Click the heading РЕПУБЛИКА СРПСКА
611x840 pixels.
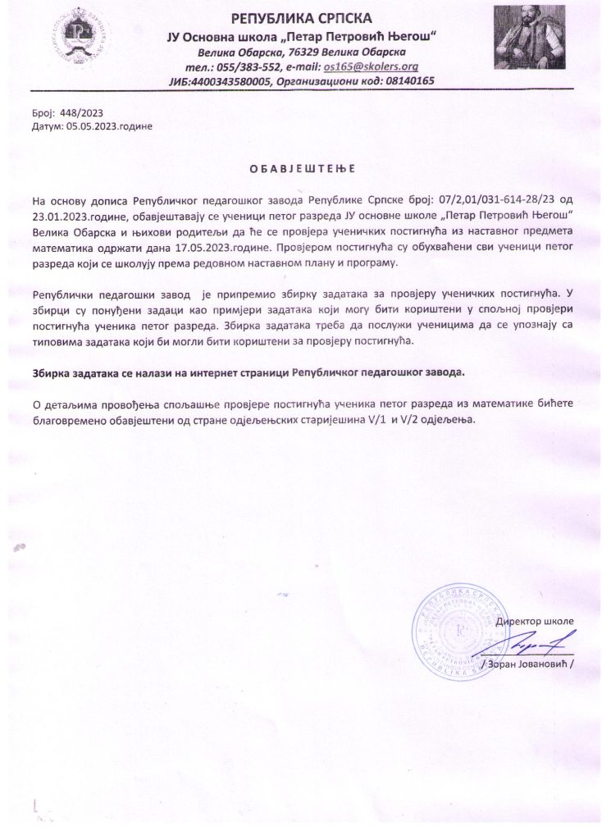(x=302, y=18)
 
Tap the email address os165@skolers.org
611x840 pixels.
(x=372, y=66)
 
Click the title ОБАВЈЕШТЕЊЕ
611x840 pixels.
(x=301, y=169)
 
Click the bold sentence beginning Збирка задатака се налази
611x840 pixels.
(x=249, y=372)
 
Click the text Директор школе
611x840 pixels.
(x=534, y=621)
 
